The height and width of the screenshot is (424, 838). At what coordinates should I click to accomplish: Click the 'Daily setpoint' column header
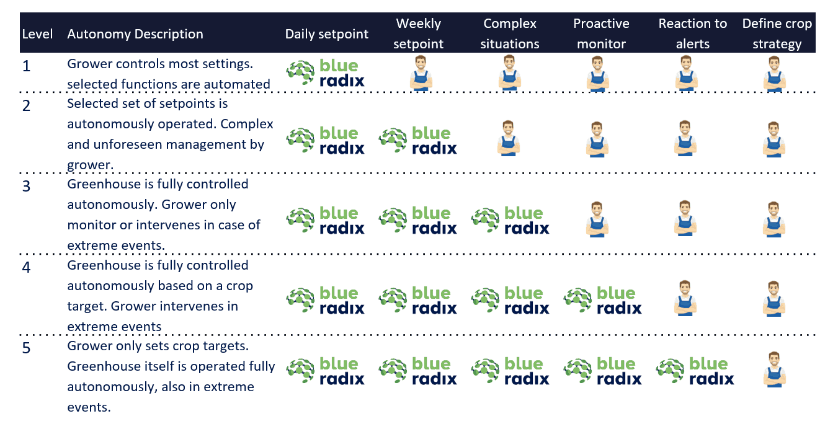point(327,34)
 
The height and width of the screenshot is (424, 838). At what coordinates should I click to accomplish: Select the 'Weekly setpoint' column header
point(418,33)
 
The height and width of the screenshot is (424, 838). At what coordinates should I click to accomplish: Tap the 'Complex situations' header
point(509,33)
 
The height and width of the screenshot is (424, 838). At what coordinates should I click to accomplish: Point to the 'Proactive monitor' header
point(601,33)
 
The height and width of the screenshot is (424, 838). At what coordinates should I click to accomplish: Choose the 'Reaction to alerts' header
point(692,33)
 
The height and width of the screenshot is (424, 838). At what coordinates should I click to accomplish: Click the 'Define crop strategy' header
point(777,33)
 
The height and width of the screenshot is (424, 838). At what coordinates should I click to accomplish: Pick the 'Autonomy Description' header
point(135,34)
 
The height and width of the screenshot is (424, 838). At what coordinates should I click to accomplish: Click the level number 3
point(26,186)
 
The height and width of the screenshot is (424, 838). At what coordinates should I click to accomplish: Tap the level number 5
point(26,348)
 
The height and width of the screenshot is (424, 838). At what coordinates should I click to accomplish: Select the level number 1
point(26,66)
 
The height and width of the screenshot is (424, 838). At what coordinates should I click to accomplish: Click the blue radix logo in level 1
point(325,73)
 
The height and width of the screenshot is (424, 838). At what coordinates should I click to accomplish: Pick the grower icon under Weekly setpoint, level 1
point(421,73)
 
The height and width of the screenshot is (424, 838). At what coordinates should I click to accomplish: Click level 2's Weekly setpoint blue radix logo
point(417,141)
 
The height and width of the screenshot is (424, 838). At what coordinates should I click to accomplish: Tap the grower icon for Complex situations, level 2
point(509,138)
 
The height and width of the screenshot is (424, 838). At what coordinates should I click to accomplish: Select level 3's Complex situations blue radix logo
point(510,221)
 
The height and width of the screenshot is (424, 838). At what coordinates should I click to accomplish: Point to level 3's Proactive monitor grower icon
point(597,219)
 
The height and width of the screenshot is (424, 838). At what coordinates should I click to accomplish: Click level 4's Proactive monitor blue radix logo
point(602,301)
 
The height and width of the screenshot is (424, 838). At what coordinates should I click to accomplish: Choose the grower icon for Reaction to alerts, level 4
point(685,298)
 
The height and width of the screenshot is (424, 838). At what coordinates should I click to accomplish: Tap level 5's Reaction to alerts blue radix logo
point(695,371)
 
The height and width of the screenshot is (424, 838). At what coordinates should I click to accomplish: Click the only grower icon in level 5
point(774,369)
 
